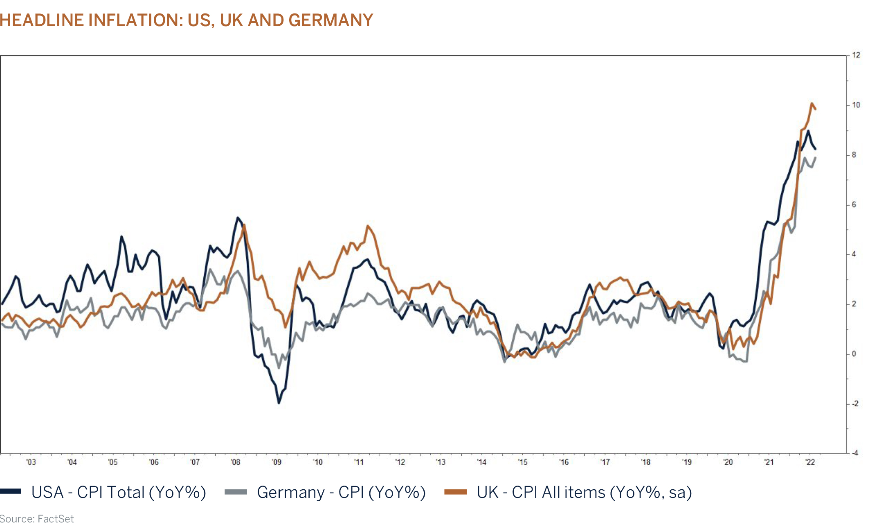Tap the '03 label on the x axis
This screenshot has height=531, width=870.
point(31,462)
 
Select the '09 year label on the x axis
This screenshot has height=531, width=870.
point(277,462)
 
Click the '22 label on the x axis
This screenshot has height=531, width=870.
point(810,462)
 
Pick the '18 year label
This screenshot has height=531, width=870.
point(645,462)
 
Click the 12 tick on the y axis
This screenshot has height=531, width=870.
point(856,55)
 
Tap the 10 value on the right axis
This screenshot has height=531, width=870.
point(856,105)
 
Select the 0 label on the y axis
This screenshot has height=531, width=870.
point(854,354)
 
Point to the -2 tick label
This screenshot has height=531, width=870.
point(855,404)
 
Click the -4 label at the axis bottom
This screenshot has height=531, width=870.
point(855,453)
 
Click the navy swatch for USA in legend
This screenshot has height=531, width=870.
point(11,492)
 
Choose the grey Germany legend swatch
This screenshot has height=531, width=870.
point(236,492)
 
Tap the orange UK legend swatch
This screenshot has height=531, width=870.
point(455,492)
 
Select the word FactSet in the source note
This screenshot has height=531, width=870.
point(56,519)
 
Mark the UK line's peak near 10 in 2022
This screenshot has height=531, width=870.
point(812,103)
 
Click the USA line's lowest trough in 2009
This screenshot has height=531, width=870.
point(279,403)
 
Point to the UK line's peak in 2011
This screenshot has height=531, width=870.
point(368,226)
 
